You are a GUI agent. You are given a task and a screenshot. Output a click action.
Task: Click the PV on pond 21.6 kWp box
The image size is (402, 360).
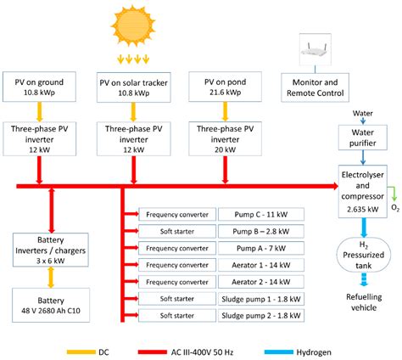(x=224, y=87)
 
